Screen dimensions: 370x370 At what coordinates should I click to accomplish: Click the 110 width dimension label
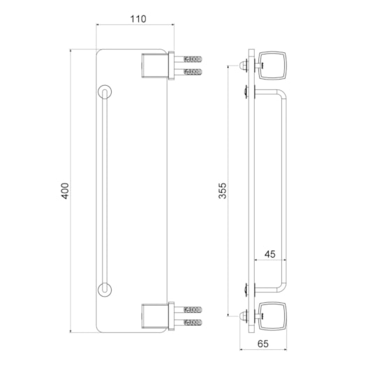(x=138, y=19)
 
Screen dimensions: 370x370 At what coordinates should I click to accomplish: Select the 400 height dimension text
(x=65, y=191)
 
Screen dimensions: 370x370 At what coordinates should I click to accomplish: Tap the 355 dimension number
(x=222, y=191)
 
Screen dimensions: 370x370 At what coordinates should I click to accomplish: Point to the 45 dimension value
(x=270, y=254)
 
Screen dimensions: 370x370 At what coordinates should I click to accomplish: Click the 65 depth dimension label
(x=263, y=343)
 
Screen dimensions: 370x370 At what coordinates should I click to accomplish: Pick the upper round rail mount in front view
(x=105, y=91)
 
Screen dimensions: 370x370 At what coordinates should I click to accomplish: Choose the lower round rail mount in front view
(x=105, y=290)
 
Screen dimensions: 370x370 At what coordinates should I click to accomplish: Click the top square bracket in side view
(x=273, y=66)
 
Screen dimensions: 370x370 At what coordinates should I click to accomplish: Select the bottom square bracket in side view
(x=273, y=316)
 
